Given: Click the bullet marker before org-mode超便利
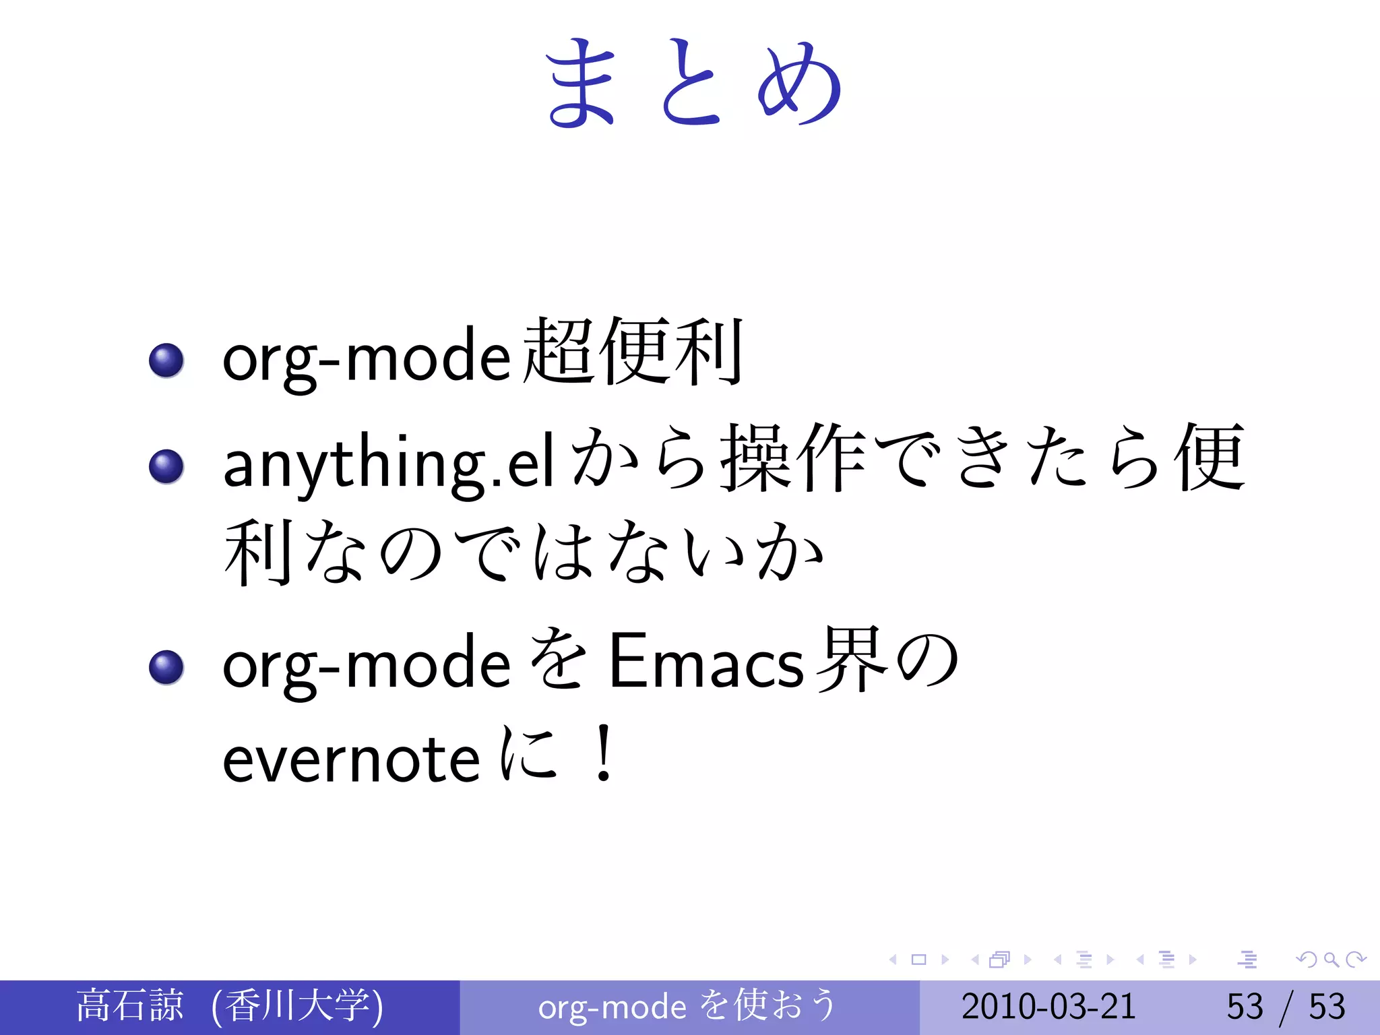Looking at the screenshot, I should pos(166,360).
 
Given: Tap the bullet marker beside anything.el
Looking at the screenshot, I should pos(166,466).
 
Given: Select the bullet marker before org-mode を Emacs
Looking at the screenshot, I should pos(166,667).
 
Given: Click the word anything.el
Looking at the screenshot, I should pos(389,465).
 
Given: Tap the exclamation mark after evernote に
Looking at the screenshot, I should pos(604,753).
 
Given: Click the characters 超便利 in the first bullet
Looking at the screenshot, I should pos(633,352).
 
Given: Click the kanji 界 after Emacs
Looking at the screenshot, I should pos(850,659).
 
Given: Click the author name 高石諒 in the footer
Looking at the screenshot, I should pos(130,1005).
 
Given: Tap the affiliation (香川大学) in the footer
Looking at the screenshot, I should pos(296,1006).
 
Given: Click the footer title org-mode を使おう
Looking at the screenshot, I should pos(687,1006).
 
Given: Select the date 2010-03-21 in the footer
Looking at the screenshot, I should pos(1048,1006).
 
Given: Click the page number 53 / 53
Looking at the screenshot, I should pos(1286,1006).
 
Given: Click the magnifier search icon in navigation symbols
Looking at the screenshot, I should pos(1331,960).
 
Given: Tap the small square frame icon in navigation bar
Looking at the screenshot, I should pos(918,960).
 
